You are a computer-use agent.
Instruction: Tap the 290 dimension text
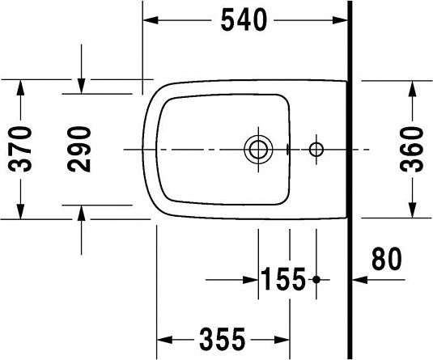pyautogui.click(x=79, y=149)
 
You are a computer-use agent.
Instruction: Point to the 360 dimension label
pyautogui.click(x=413, y=149)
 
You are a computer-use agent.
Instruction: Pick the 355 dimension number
pyautogui.click(x=223, y=338)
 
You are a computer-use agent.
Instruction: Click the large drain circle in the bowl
pyautogui.click(x=258, y=150)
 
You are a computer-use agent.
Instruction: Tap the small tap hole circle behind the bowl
pyautogui.click(x=316, y=150)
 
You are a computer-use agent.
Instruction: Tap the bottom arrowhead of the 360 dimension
pyautogui.click(x=413, y=211)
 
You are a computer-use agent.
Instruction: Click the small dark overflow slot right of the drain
pyautogui.click(x=288, y=150)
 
